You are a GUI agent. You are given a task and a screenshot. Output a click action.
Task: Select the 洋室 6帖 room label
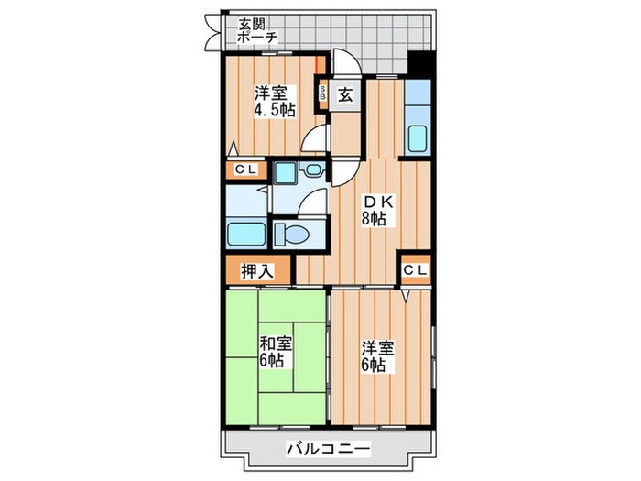(x=377, y=355)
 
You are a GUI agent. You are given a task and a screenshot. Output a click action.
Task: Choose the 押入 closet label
(x=257, y=271)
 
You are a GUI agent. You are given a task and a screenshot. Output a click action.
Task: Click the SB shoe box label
(x=322, y=93)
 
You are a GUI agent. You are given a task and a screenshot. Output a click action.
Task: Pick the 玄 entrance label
(x=346, y=93)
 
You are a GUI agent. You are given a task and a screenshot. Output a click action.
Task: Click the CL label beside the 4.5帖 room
(x=245, y=169)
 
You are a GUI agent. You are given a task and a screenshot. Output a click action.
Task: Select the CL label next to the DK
(x=414, y=269)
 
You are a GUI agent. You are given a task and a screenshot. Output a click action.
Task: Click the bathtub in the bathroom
(x=245, y=233)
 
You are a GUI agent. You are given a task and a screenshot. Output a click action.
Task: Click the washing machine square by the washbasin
(x=284, y=172)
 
